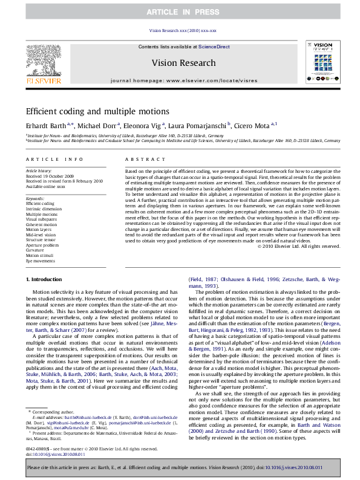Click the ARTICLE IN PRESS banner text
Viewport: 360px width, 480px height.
click(180, 11)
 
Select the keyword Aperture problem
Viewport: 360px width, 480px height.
click(42, 245)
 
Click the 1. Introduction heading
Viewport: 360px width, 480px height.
click(45, 279)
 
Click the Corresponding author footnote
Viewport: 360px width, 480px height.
click(51, 412)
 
